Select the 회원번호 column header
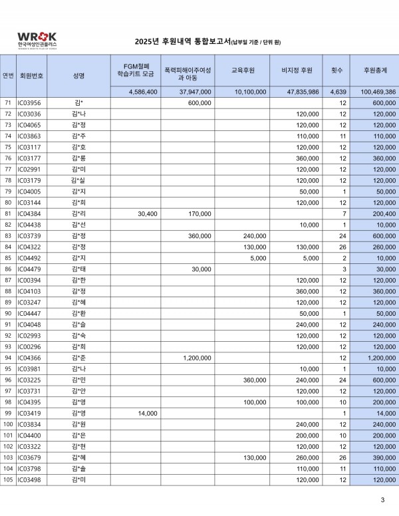pos(32,75)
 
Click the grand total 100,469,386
pos(377,92)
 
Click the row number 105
pos(8,479)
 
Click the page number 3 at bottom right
pos(382,500)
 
